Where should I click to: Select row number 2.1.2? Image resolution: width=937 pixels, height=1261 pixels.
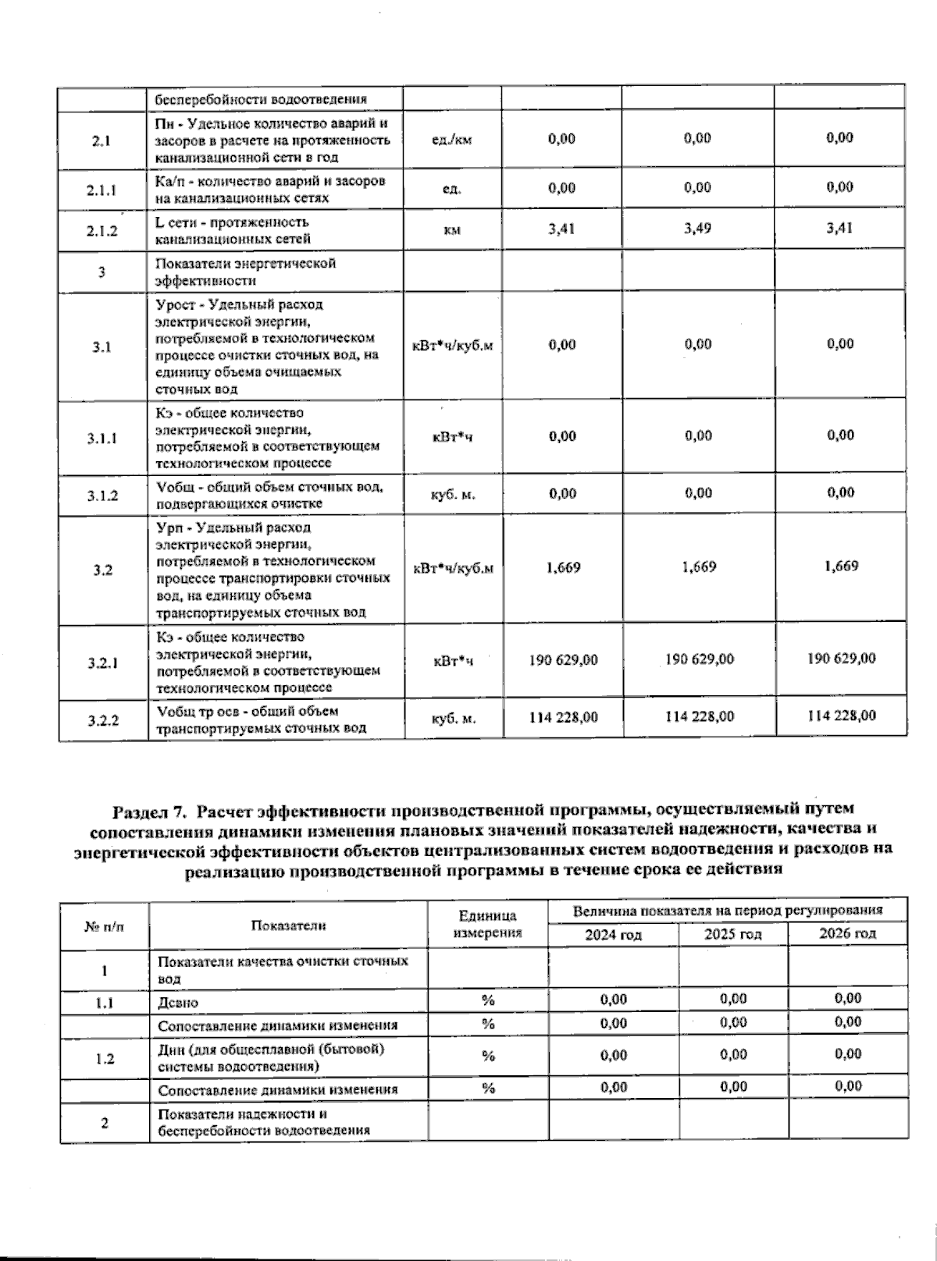tap(102, 231)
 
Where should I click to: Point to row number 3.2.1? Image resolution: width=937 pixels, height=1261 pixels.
tap(102, 663)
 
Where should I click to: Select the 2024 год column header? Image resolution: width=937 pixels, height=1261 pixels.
tap(613, 934)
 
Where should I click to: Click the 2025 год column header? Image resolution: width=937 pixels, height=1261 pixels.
tap(732, 934)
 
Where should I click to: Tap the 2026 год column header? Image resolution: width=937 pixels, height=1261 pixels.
tap(847, 933)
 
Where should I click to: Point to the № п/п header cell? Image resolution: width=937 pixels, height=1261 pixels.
tap(104, 925)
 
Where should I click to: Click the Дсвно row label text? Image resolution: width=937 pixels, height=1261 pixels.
tap(177, 1003)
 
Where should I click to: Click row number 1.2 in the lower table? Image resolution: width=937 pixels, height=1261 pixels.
tap(104, 1058)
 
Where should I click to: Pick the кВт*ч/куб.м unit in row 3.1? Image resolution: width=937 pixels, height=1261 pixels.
tap(452, 346)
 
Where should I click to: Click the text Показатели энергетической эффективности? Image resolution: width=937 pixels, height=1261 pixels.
tap(245, 272)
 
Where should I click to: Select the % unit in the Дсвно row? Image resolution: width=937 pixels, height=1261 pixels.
tap(488, 1000)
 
